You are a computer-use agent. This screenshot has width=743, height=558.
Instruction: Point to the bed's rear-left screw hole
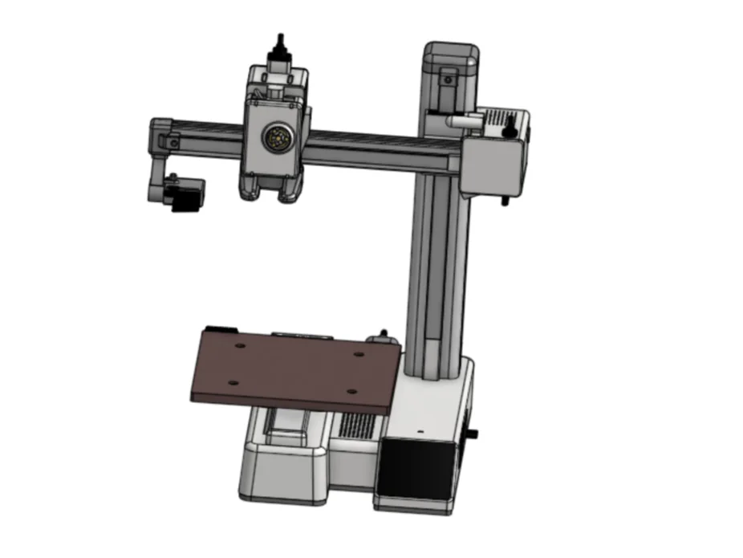tap(240, 346)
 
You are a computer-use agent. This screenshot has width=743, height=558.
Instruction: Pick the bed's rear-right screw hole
tap(359, 354)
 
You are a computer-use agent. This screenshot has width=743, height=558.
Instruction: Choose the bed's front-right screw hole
tap(351, 391)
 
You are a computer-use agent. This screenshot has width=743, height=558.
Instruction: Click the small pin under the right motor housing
tap(505, 198)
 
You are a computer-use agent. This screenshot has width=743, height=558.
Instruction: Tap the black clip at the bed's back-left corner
tap(219, 329)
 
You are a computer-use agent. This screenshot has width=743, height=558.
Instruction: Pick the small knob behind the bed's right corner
tap(384, 334)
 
